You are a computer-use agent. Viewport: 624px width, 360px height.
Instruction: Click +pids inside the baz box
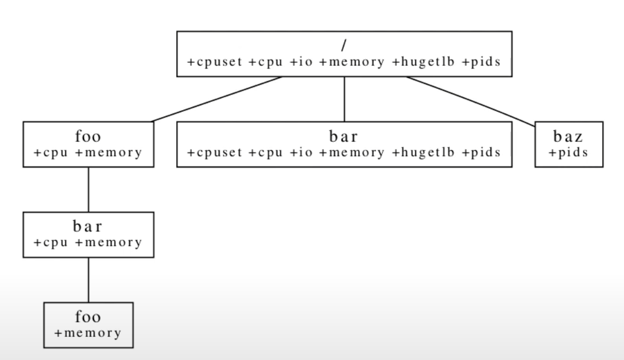(569, 153)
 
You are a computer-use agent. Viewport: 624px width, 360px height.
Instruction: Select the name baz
(569, 138)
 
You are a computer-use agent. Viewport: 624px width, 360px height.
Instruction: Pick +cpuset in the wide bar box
(210, 153)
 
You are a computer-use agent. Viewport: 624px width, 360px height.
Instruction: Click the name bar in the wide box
(344, 138)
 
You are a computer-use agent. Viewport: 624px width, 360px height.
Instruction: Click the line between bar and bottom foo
(88, 279)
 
